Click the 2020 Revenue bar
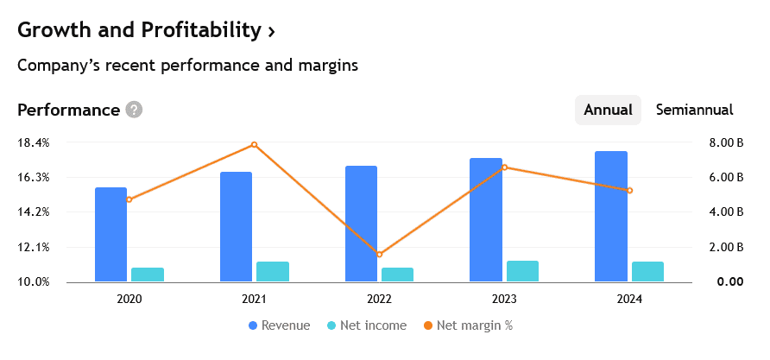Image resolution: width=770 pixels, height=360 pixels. point(110,234)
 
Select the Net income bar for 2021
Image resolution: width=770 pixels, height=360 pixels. point(272,271)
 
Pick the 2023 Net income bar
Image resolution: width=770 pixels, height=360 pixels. point(522,270)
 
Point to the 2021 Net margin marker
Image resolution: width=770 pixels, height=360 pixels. point(254,144)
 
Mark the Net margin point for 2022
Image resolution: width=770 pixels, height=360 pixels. point(379,255)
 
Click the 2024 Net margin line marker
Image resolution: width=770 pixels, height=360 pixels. point(629,191)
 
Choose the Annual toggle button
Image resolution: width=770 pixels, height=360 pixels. point(608,110)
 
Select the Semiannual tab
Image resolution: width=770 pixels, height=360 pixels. point(694,110)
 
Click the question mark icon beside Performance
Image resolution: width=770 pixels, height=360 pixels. point(134,110)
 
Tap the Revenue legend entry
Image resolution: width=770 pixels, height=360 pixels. point(279,325)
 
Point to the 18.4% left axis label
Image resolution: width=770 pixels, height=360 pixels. point(34,142)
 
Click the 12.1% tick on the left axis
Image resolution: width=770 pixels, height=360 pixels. point(34,248)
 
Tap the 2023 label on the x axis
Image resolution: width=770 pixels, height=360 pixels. point(504,299)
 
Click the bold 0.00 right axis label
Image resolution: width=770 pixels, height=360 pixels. point(729,282)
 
